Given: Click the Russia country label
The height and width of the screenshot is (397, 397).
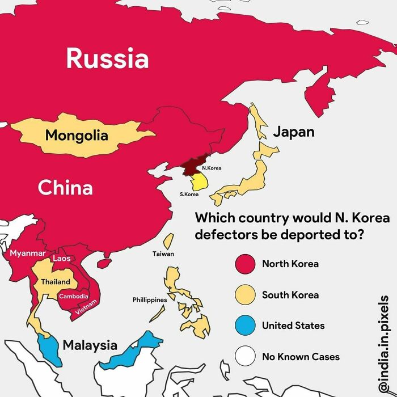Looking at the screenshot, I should pyautogui.click(x=107, y=58).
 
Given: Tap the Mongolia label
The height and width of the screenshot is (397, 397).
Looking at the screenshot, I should pyautogui.click(x=77, y=136).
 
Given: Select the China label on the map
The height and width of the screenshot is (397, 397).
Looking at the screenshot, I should pyautogui.click(x=65, y=187).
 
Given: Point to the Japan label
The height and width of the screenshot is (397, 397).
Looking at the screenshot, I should pyautogui.click(x=293, y=132).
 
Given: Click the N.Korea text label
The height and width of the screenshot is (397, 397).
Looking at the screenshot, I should pyautogui.click(x=212, y=168).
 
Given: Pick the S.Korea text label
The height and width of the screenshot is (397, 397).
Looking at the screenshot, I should pyautogui.click(x=189, y=195).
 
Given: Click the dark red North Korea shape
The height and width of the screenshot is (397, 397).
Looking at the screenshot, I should pyautogui.click(x=193, y=166).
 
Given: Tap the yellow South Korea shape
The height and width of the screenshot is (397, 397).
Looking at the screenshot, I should pyautogui.click(x=200, y=182).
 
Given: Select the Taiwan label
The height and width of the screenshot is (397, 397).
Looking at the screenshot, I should pyautogui.click(x=163, y=254).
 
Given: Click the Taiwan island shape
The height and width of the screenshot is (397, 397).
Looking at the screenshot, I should pyautogui.click(x=169, y=241).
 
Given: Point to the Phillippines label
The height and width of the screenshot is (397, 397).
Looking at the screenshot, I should pyautogui.click(x=150, y=299).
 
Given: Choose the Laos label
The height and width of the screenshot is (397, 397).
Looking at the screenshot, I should pyautogui.click(x=61, y=259).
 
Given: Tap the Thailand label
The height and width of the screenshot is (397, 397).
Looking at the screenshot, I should pyautogui.click(x=56, y=282).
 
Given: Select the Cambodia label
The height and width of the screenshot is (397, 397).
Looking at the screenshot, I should pyautogui.click(x=74, y=297).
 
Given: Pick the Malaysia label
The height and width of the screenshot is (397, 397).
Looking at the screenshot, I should pyautogui.click(x=90, y=345).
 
